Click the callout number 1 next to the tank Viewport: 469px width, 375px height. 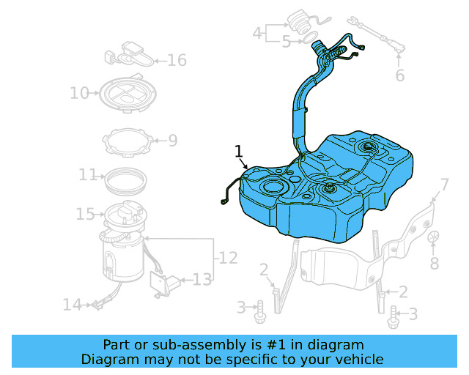tap(238, 151)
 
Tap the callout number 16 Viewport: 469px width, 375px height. tap(177, 60)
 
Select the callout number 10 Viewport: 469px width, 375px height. tap(79, 93)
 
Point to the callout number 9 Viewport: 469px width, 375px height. tap(172, 140)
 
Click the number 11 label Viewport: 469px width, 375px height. tap(88, 175)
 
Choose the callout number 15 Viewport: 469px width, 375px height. tap(85, 214)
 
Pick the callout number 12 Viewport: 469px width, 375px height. tap(228, 258)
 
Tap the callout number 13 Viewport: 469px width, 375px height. tap(202, 279)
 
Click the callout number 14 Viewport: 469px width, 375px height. tap(72, 304)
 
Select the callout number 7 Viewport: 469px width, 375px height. tap(444, 184)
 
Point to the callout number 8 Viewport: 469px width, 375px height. tap(434, 263)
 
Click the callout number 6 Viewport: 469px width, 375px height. tap(399, 75)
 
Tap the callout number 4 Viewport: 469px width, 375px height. tap(257, 33)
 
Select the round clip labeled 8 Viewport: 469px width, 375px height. tap(433, 236)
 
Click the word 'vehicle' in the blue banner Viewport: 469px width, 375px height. tap(359, 359)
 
